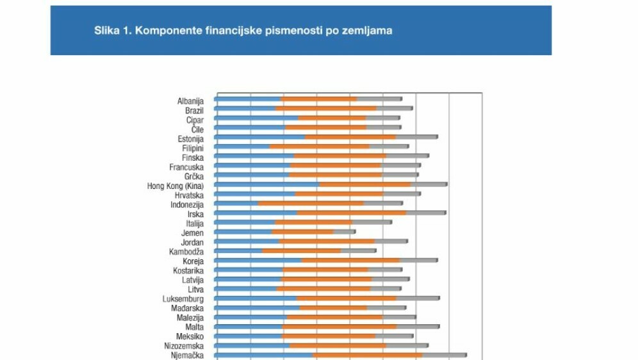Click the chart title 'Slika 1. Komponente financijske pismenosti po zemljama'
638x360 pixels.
[243, 30]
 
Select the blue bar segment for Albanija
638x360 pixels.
[249, 99]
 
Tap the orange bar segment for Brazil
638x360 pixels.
[326, 109]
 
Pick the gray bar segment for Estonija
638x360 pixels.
[416, 137]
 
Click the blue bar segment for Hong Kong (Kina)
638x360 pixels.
[267, 184]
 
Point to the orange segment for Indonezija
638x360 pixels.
[311, 204]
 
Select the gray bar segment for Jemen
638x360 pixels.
[344, 232]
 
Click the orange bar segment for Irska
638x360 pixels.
[352, 213]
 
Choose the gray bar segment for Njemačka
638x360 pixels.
[444, 355]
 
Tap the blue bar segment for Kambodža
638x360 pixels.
[239, 251]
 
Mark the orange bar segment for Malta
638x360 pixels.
[339, 327]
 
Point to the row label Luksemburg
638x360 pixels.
[183, 299]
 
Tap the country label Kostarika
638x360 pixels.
[188, 270]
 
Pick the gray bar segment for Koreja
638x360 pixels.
[418, 261]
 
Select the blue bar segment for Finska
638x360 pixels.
[254, 156]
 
